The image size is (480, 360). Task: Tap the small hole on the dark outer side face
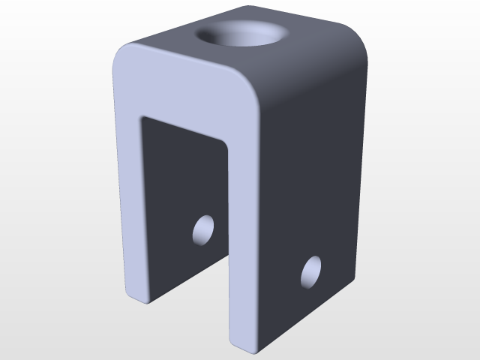coord(311,272)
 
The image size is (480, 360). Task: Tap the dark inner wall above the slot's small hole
coord(187,172)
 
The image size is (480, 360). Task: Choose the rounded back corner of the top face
coord(352,34)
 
